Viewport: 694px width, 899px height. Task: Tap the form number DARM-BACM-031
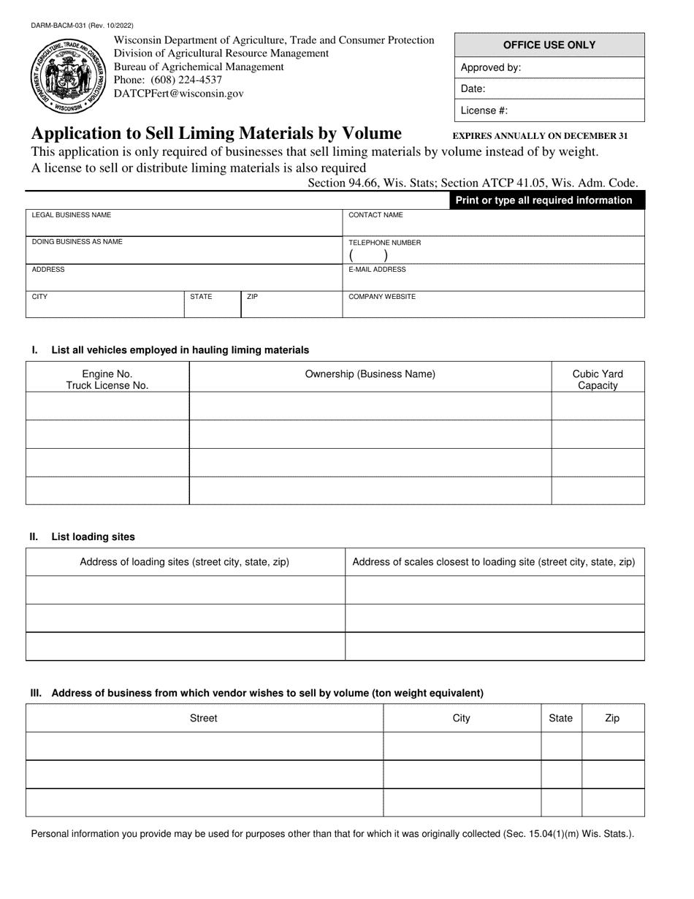82,26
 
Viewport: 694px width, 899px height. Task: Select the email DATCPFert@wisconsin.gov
179,94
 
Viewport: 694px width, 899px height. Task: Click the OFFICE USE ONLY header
549,45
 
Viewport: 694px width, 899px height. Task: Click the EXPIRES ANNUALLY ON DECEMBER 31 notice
540,136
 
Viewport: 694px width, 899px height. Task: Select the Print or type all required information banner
544,200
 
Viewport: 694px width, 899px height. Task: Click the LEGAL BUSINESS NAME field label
72,216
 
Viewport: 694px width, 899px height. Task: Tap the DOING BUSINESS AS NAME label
77,242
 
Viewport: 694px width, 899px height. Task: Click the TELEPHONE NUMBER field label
384,243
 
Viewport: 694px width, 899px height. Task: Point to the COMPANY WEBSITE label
382,297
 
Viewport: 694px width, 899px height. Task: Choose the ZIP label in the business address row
252,297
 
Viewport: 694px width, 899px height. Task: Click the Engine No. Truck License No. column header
107,379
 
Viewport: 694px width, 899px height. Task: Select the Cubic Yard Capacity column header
598,379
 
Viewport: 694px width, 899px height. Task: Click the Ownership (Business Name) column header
370,374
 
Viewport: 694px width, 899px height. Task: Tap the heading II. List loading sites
83,536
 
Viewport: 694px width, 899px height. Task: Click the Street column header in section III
204,718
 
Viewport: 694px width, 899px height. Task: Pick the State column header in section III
560,718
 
